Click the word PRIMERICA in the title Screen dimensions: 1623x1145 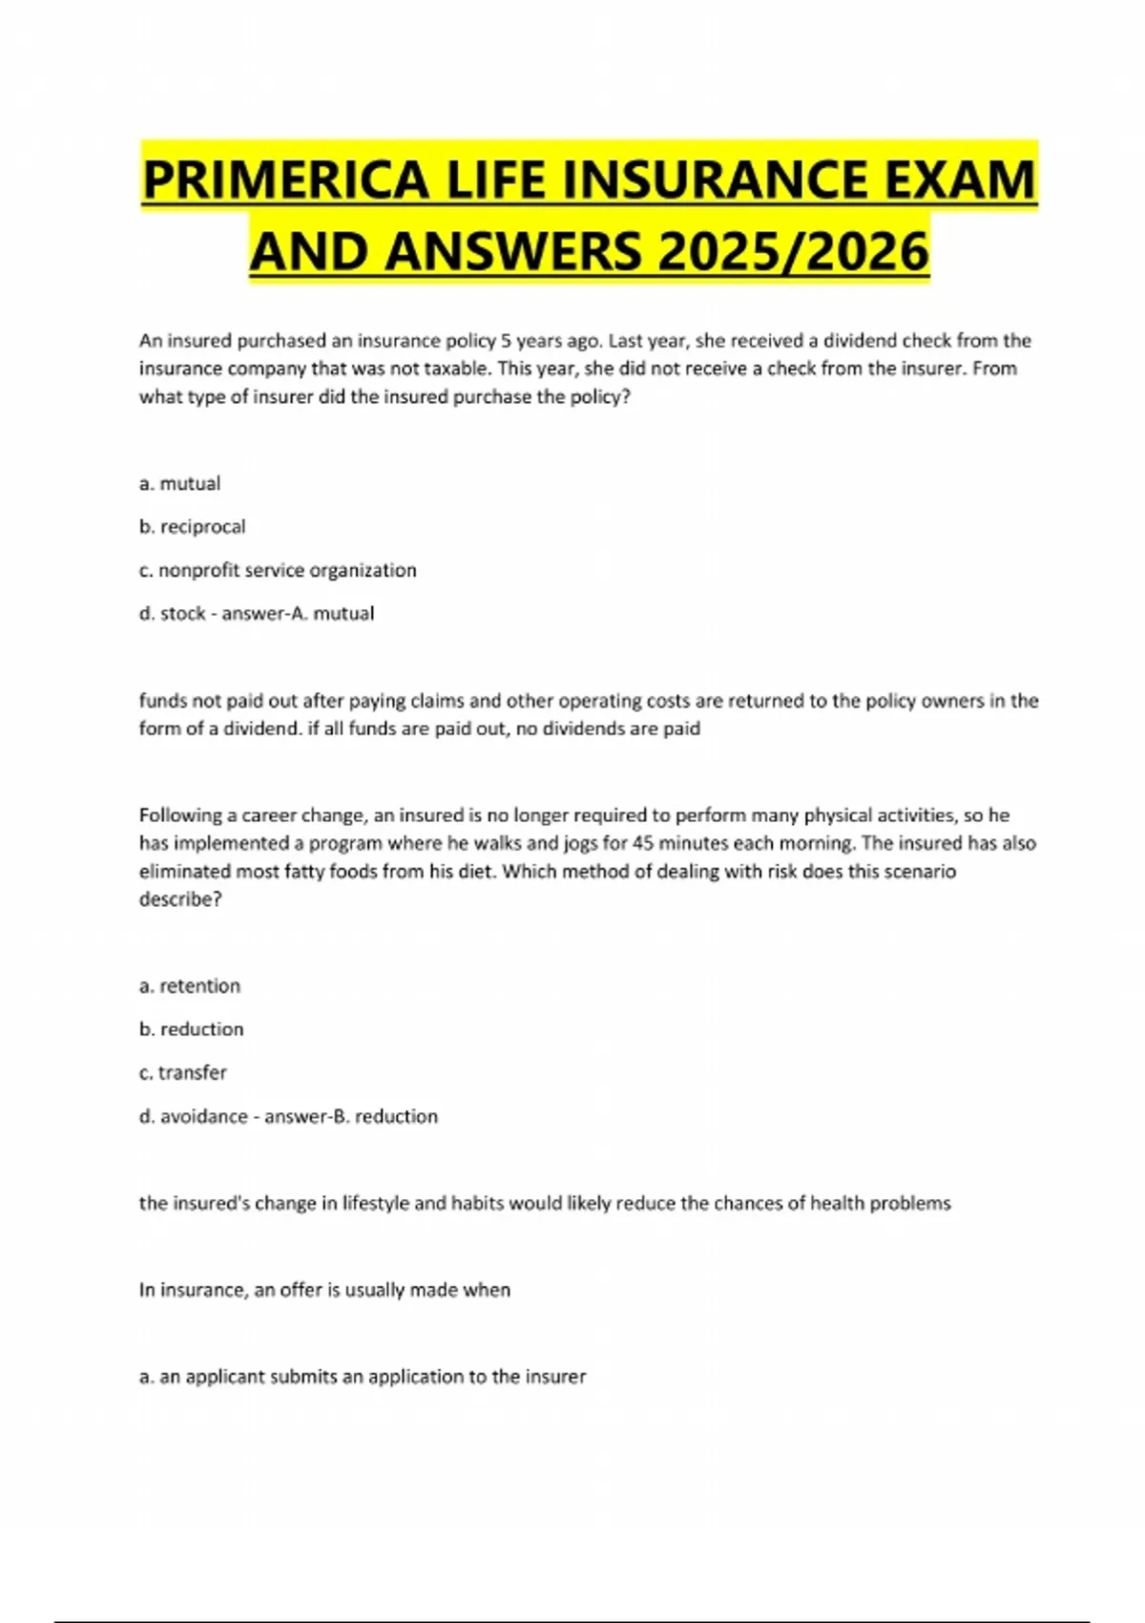point(285,179)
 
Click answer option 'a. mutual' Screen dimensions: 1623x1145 point(179,483)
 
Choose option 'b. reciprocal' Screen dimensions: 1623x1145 point(192,526)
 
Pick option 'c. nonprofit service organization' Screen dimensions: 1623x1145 point(278,570)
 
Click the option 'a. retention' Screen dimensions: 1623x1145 point(189,985)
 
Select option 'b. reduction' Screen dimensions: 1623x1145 point(191,1028)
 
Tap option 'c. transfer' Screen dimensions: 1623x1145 point(182,1072)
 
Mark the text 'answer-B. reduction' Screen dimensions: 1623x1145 point(350,1115)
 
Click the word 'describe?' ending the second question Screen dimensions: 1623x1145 point(180,898)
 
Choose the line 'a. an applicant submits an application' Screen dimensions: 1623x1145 point(363,1376)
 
